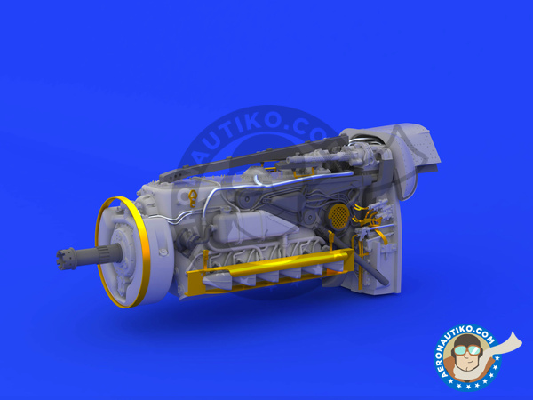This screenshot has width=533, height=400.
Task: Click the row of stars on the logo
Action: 465,380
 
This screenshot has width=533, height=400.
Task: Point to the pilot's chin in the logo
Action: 465,362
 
